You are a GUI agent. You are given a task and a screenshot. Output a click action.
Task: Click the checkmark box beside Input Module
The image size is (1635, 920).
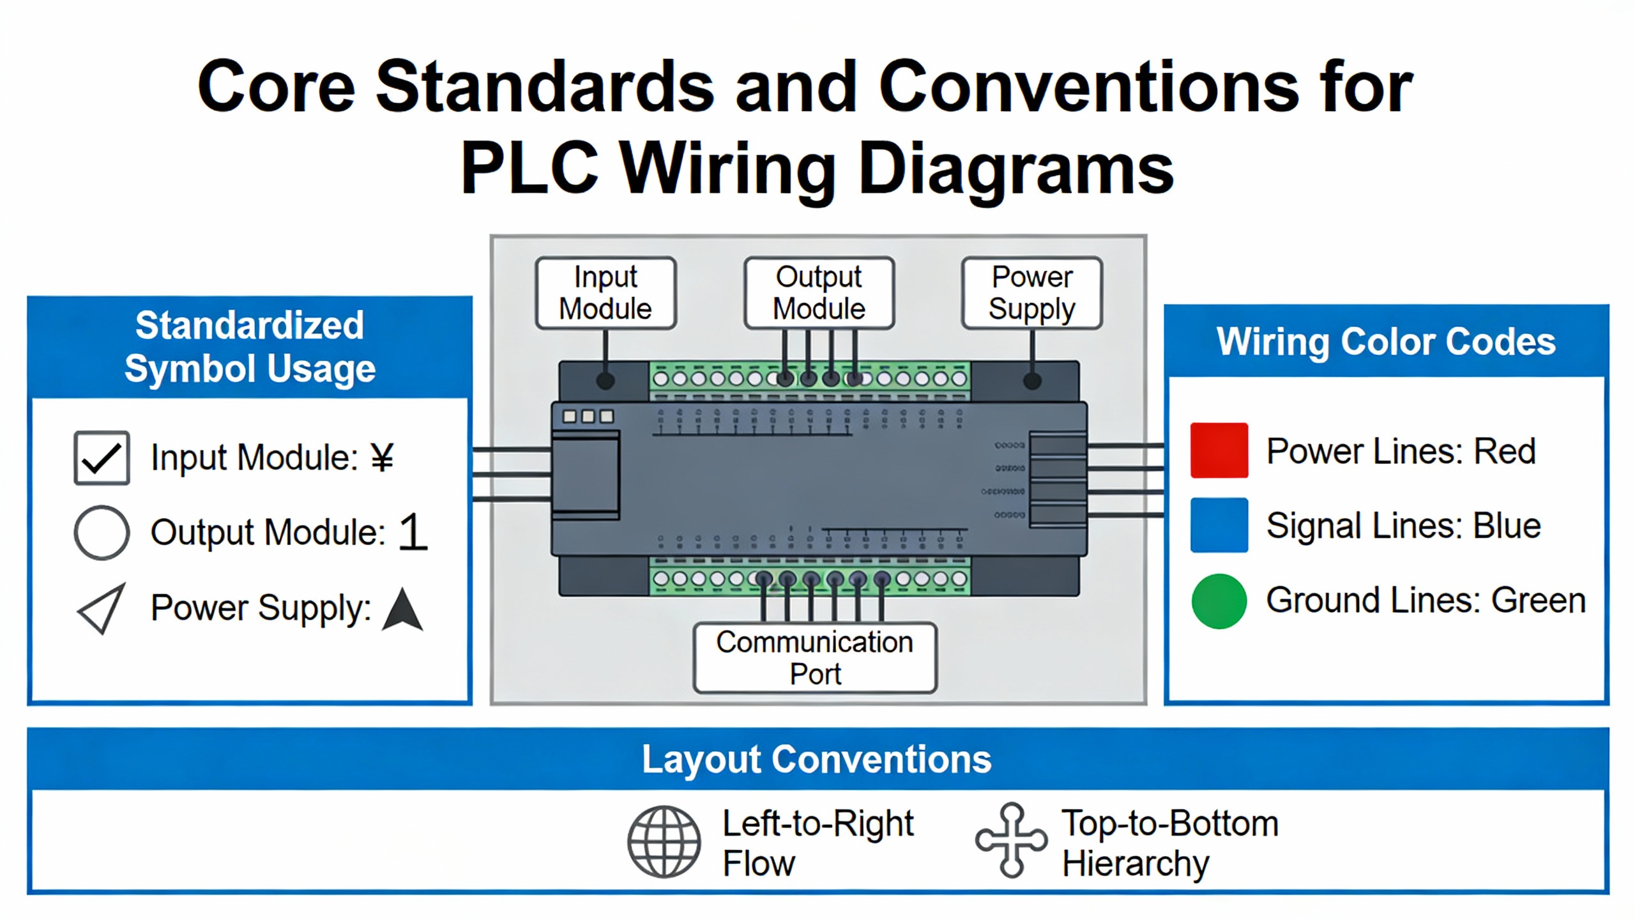(102, 457)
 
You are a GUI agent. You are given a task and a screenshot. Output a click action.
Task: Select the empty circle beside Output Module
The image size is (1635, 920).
(102, 532)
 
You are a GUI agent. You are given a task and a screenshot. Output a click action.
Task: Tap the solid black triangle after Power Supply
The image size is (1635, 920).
(402, 611)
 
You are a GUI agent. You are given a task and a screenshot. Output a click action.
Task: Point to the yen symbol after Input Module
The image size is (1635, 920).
(382, 457)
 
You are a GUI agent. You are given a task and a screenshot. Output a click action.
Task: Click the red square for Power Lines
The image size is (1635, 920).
(1219, 450)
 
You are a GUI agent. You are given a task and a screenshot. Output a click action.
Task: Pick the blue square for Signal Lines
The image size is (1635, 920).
(1219, 525)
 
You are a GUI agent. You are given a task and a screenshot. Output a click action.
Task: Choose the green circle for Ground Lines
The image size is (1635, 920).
(1219, 601)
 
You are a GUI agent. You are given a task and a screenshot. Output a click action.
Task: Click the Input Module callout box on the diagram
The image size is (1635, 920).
(605, 293)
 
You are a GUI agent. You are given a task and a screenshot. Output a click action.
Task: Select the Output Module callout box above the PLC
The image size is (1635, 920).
(819, 293)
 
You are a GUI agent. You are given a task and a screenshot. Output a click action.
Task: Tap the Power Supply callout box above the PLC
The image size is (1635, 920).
(1031, 293)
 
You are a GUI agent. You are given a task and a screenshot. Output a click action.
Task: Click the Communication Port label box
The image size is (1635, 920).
(815, 657)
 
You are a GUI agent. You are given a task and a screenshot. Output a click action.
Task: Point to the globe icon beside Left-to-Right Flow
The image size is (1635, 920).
(664, 841)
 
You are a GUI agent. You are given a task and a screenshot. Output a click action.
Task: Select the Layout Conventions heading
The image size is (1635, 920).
(816, 759)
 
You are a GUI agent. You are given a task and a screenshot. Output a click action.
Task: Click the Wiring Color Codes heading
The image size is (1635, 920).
(1386, 341)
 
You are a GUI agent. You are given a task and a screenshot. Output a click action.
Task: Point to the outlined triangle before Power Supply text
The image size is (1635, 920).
(102, 608)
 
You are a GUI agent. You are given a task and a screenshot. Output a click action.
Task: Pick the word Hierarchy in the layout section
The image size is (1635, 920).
(1136, 864)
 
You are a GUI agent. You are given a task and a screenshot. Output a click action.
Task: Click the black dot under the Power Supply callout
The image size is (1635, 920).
(1032, 381)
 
